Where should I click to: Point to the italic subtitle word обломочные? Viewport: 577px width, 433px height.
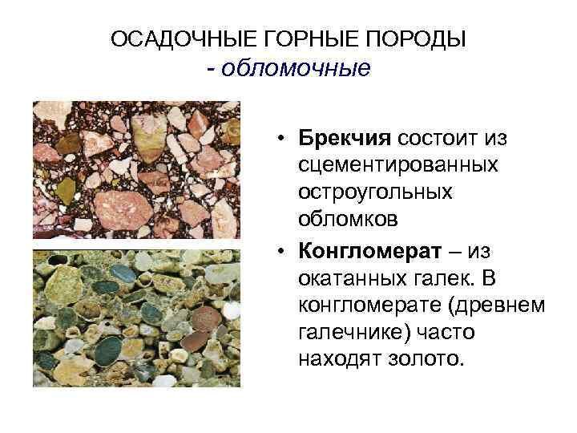296,67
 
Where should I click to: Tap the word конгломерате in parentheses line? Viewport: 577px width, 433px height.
378,306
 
